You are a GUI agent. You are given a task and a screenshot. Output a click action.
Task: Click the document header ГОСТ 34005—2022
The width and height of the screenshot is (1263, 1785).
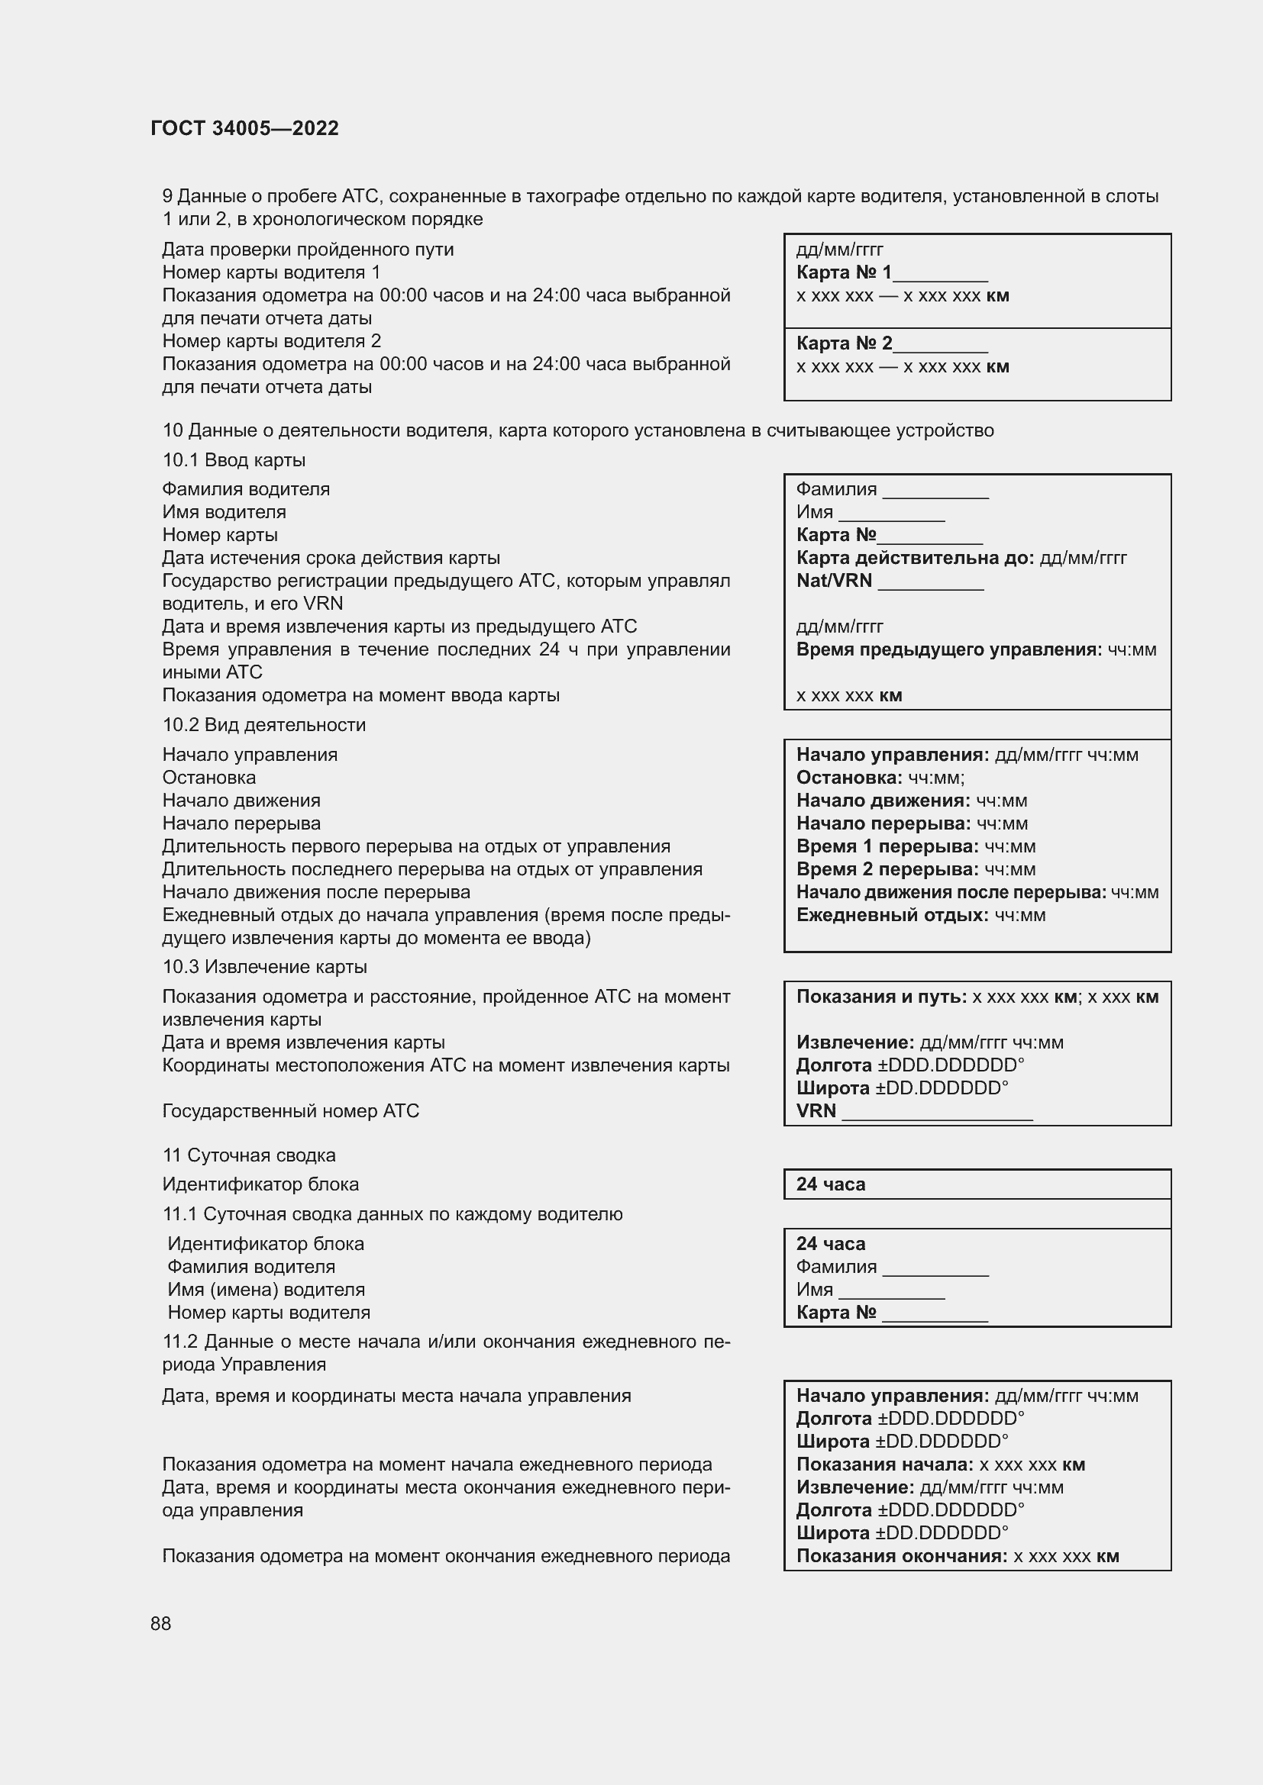coord(244,128)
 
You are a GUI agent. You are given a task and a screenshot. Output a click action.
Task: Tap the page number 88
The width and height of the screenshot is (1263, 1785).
coord(161,1623)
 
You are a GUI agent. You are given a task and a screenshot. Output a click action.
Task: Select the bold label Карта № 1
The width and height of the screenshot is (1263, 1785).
coord(844,272)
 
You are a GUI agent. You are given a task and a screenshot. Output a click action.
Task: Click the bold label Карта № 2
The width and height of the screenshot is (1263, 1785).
coord(844,343)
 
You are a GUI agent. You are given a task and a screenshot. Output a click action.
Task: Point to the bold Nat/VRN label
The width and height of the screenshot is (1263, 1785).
coord(834,581)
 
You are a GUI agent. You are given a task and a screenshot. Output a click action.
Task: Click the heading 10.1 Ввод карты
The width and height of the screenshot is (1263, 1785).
coord(234,460)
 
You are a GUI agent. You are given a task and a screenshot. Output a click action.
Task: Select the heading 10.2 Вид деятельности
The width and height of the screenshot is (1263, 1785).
coord(263,724)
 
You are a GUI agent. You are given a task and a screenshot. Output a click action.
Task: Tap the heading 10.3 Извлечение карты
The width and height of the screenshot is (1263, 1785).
coord(264,966)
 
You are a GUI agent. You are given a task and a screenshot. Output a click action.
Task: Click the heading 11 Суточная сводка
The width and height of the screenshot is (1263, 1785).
coord(249,1155)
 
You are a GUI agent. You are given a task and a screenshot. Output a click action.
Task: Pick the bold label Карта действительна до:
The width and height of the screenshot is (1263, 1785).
coord(915,558)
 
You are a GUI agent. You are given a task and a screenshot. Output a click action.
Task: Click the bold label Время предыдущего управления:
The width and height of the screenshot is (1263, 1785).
coord(949,649)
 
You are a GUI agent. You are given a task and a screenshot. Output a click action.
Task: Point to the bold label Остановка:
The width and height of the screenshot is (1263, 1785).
coord(849,778)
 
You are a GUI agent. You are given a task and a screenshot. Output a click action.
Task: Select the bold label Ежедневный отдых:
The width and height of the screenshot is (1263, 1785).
coord(892,915)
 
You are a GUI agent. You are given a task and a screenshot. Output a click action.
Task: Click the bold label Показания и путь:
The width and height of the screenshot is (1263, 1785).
coord(881,997)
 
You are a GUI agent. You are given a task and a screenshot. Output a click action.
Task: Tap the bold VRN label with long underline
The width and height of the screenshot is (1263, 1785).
coord(816,1111)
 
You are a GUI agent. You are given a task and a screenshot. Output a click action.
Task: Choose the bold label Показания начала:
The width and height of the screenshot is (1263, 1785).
coord(884,1464)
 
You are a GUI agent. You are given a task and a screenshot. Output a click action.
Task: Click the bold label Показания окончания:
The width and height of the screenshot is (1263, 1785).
coord(901,1556)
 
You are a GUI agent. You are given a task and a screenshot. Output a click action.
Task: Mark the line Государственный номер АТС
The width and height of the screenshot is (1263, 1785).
coord(290,1111)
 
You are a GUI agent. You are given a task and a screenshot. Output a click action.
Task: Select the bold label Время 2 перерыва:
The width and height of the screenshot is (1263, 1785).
coord(887,869)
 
